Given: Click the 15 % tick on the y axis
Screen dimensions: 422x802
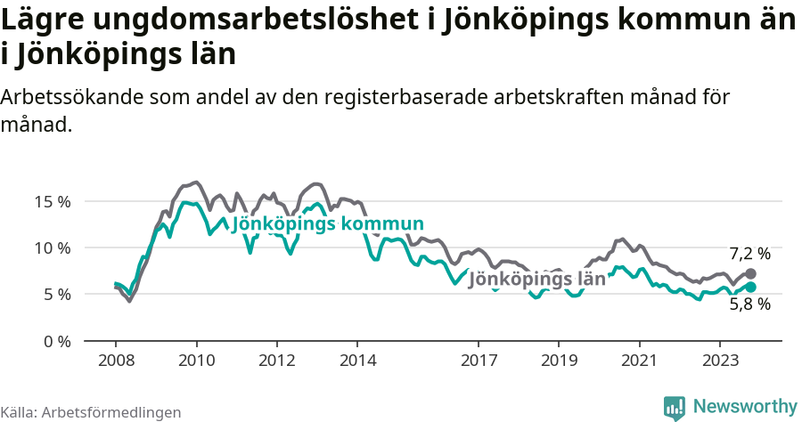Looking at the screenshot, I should point(53,201).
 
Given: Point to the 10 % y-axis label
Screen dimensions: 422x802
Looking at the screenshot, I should point(53,248).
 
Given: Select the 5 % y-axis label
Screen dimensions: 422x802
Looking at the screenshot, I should point(56,294).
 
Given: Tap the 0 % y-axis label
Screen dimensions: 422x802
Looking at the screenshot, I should point(56,340).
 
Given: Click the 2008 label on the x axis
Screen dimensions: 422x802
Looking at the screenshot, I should point(116,361).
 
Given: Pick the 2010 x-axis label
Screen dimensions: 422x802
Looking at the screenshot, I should point(196,361).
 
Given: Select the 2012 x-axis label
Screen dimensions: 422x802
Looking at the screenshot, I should point(276,361).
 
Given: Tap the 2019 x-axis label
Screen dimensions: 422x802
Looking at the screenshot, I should point(559,361).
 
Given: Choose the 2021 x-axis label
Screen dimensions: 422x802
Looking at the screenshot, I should point(639,361).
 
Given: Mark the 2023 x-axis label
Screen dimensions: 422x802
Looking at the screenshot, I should point(719,361).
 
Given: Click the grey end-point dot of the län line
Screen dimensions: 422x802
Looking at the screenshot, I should point(750,274).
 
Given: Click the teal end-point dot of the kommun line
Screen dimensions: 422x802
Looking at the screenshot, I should point(750,287).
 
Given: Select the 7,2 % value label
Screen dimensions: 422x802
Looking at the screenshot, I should point(749,254).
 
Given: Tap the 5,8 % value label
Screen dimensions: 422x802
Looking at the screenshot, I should point(749,304).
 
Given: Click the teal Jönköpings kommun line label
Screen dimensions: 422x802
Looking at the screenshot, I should point(327,224).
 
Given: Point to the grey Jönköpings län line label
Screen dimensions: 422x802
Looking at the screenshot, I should point(536,280).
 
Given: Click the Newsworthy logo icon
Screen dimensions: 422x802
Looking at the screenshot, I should point(675,407).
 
